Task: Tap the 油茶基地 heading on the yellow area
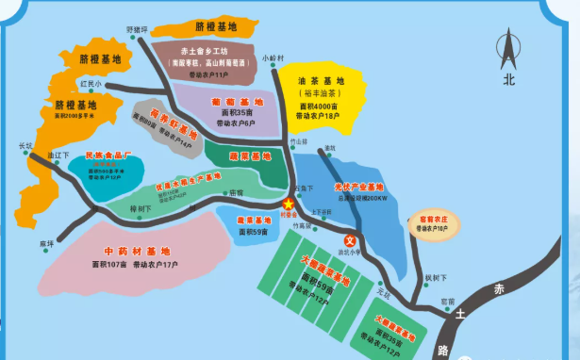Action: pos(320,81)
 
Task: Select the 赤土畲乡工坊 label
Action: pos(208,50)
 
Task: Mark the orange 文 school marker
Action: pos(349,239)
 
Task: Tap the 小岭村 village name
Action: pos(273,57)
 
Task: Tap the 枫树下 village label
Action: pos(434,277)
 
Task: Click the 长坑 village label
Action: pos(25,145)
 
